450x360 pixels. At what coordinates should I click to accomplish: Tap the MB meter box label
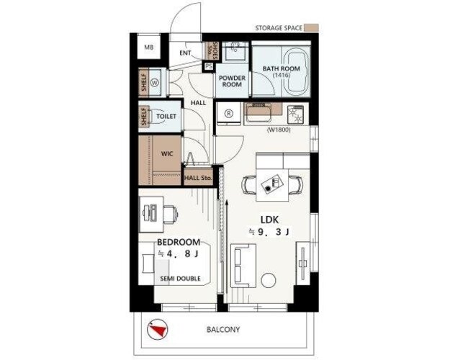148,48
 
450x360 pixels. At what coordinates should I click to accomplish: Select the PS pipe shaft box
209,66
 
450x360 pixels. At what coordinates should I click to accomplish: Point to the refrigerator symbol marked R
229,114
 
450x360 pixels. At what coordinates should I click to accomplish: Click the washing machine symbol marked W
155,83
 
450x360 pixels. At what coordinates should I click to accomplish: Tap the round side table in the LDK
269,280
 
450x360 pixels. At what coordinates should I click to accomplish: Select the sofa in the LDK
243,265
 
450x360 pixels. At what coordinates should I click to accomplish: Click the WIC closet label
167,153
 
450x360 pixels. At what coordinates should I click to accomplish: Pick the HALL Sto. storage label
198,178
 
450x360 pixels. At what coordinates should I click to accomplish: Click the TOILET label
166,116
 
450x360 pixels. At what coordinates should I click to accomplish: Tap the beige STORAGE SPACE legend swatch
311,27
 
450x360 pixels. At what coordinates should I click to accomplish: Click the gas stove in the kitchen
296,114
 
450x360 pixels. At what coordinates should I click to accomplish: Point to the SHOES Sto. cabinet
212,50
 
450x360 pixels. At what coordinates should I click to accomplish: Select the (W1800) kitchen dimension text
279,130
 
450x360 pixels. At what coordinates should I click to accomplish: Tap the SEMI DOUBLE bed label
180,278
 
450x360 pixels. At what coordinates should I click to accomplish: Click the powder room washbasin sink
235,51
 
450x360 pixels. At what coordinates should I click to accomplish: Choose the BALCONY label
223,329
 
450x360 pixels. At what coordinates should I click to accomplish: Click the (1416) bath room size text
282,75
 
